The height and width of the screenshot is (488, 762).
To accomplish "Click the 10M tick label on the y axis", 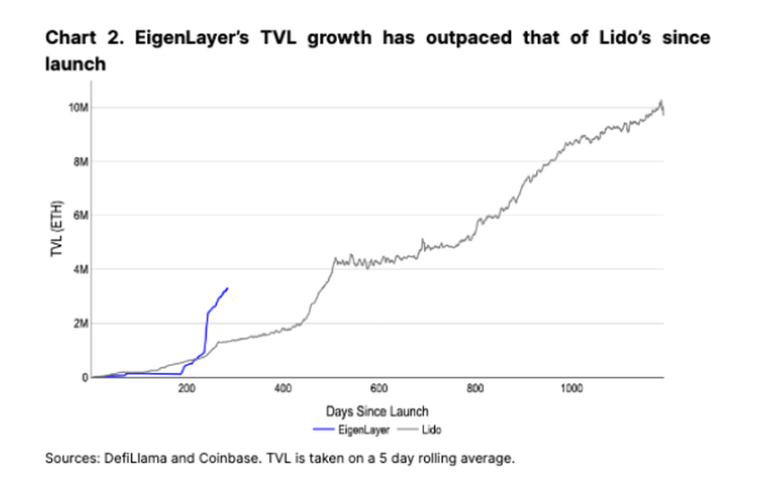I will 79,109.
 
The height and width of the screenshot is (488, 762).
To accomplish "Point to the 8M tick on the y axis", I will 81,162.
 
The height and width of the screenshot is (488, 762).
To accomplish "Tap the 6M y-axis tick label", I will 81,216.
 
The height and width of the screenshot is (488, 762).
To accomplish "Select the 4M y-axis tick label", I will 81,270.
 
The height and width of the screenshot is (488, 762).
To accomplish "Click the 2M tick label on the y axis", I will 81,324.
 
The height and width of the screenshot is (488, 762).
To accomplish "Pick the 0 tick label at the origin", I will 83,378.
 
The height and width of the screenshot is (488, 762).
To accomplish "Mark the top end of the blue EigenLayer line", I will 228,288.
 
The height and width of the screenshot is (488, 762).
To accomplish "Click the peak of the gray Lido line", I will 661,100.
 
